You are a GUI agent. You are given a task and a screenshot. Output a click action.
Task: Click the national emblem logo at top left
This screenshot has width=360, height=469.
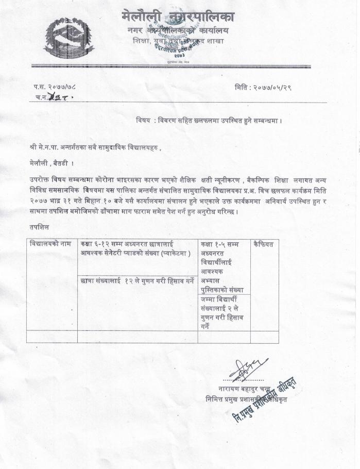pos(62,37)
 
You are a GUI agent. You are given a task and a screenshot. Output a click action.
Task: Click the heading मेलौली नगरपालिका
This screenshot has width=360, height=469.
pos(178,16)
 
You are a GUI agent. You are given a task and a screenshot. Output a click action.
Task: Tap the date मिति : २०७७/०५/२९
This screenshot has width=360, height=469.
pos(263,88)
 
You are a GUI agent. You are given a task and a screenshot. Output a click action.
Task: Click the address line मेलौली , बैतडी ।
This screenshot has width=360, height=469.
pos(52,163)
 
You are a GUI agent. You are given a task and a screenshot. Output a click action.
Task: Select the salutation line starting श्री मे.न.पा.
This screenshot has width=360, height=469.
pos(95,147)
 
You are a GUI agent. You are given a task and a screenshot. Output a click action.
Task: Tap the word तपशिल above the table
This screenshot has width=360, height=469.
pos(40,226)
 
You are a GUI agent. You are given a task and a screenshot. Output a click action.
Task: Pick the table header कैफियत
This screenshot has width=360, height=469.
pos(263,244)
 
